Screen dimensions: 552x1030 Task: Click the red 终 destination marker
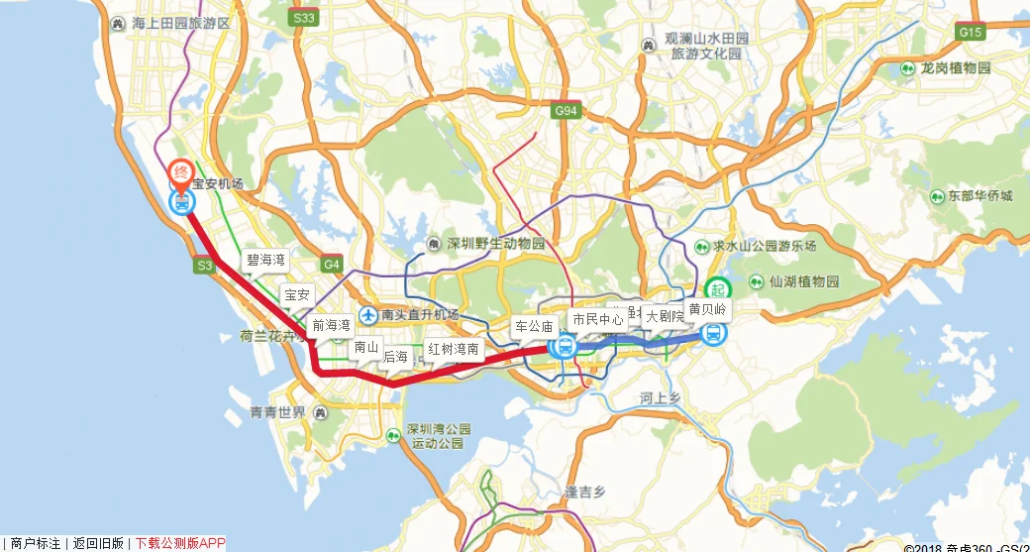pyautogui.click(x=181, y=174)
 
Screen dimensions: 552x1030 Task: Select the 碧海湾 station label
pyautogui.click(x=265, y=261)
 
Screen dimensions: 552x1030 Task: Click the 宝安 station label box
pyautogui.click(x=297, y=294)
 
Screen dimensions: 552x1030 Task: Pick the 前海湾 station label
pyautogui.click(x=331, y=325)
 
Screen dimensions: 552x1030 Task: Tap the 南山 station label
pyautogui.click(x=366, y=348)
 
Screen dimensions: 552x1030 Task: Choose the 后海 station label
pyautogui.click(x=395, y=357)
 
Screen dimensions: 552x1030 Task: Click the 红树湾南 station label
pyautogui.click(x=454, y=349)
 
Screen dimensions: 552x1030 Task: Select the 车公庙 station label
pyautogui.click(x=533, y=325)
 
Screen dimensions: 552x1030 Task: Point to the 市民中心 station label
pyautogui.click(x=597, y=319)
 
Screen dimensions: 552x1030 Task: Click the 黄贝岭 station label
pyautogui.click(x=707, y=309)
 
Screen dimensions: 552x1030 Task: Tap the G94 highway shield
pyautogui.click(x=566, y=111)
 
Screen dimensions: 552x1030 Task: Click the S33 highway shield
pyautogui.click(x=304, y=19)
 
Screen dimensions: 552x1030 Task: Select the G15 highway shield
pyautogui.click(x=970, y=33)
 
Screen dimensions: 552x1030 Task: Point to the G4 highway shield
pyautogui.click(x=331, y=265)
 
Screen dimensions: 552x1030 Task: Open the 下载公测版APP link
pyautogui.click(x=180, y=543)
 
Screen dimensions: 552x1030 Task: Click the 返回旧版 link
pyautogui.click(x=98, y=543)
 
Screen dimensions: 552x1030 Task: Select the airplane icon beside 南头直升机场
pyautogui.click(x=368, y=315)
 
